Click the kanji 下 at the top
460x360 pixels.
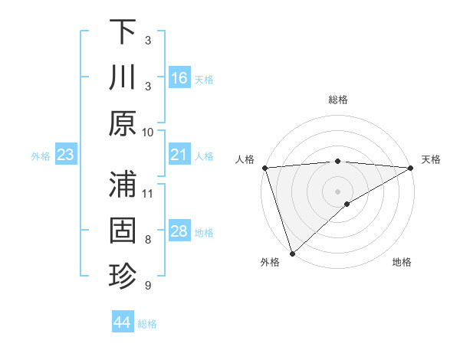click(x=123, y=32)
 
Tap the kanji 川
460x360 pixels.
click(x=123, y=78)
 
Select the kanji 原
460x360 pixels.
click(x=123, y=124)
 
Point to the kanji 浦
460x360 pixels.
click(x=123, y=185)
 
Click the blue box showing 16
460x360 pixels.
click(x=179, y=78)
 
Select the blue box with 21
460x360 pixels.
click(x=179, y=155)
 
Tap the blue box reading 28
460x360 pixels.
click(x=179, y=232)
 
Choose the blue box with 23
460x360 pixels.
click(x=66, y=155)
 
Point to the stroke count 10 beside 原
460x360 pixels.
click(x=148, y=132)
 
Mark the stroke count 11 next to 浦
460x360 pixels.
click(x=148, y=192)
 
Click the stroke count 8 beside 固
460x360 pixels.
click(x=148, y=239)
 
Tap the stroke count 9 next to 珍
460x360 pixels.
click(x=148, y=286)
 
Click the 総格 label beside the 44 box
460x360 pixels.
click(x=147, y=324)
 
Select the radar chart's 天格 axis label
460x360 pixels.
click(x=431, y=159)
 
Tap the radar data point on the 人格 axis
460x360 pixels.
click(x=264, y=168)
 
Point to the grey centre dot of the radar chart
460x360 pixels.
click(x=337, y=191)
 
